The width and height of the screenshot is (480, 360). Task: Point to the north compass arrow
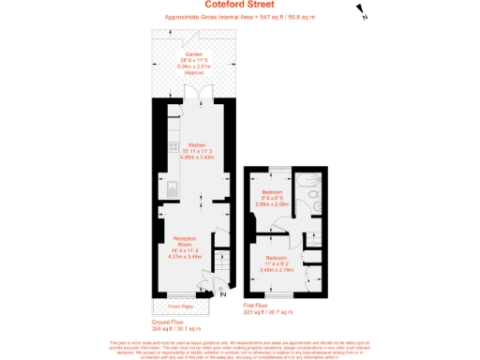click(x=360, y=12)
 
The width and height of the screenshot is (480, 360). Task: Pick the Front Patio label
click(x=181, y=307)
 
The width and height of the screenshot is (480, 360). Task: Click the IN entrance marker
click(x=222, y=295)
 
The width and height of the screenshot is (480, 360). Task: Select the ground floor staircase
click(x=223, y=263)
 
